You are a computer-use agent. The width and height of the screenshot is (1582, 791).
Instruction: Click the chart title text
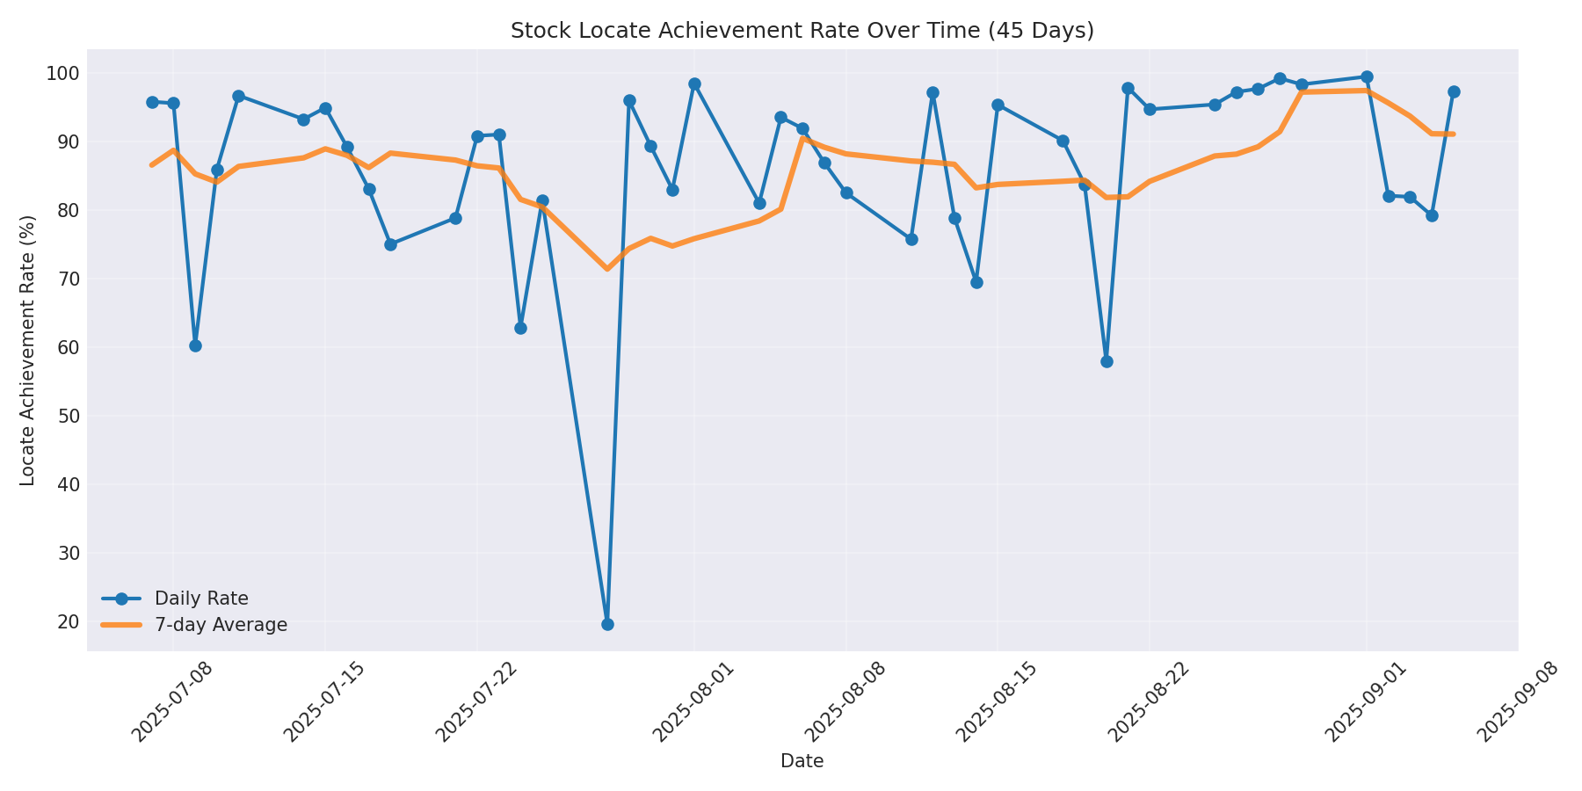pos(802,31)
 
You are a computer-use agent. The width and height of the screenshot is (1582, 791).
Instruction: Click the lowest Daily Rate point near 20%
pos(607,624)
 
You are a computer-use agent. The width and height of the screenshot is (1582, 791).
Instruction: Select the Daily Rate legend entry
pos(200,599)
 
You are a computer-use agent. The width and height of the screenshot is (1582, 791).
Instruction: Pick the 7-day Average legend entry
pos(220,625)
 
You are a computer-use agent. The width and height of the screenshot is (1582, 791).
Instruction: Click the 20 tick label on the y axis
pos(68,621)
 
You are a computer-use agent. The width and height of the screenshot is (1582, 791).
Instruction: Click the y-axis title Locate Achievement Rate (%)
pos(28,350)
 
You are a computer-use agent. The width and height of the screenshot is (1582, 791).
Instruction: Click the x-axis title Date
pos(802,761)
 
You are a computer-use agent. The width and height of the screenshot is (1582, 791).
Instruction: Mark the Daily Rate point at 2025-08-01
pos(694,84)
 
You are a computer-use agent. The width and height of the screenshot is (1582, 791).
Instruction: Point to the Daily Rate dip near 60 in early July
pos(195,345)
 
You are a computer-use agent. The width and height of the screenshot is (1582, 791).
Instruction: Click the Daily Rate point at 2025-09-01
pos(1367,77)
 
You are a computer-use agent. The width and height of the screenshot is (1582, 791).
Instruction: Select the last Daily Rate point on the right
pos(1454,91)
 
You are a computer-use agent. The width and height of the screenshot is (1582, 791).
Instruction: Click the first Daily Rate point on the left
pos(152,102)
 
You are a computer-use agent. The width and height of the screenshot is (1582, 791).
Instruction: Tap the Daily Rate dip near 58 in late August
pos(1107,361)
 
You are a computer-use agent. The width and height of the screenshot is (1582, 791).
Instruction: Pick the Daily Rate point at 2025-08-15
pos(998,105)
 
